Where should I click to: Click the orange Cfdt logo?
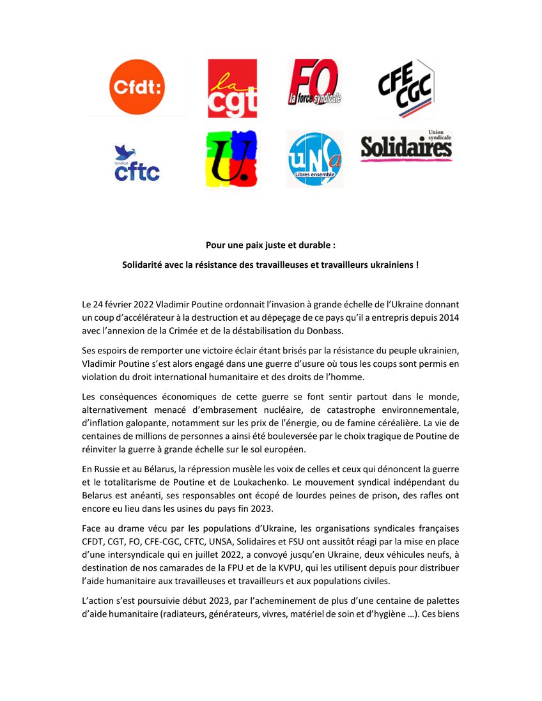pos(136,88)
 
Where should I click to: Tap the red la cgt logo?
pos(232,89)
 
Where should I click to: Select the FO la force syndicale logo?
pos(314,82)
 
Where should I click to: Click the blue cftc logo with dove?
pos(136,163)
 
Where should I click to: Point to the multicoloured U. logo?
pos(232,159)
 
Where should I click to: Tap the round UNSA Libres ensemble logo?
pos(314,159)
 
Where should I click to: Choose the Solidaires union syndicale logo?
pos(406,146)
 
